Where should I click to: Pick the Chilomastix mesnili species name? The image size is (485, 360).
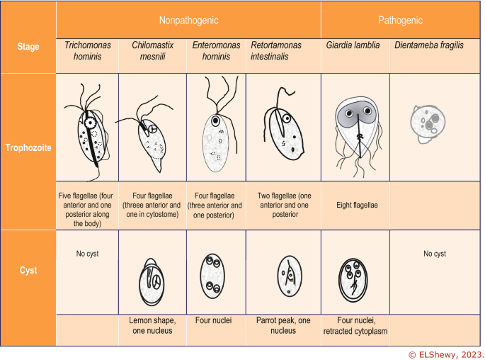click(152, 50)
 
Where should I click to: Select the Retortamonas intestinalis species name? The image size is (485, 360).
click(276, 50)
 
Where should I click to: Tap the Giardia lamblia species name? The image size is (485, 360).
click(353, 45)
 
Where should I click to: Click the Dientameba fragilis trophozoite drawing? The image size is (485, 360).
click(428, 123)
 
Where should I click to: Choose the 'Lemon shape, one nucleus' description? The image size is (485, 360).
click(152, 325)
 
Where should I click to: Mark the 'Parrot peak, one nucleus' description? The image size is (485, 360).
click(283, 325)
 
